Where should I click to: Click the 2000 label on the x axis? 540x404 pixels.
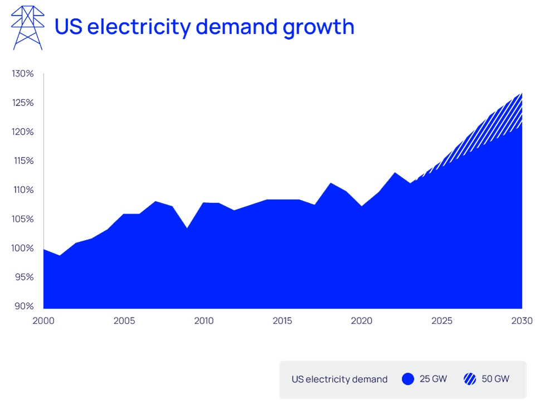coord(43,321)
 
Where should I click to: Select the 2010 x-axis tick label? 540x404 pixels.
coord(204,321)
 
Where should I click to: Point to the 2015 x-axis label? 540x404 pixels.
coord(283,321)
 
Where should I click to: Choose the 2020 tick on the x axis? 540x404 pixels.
coord(362,321)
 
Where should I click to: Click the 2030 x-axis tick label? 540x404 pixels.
coord(522,321)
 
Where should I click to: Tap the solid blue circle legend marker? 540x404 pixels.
coord(408,379)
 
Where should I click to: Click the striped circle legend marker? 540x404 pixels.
coord(470,379)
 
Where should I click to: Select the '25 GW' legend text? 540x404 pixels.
coord(433,379)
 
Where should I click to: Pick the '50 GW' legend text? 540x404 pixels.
coord(495,379)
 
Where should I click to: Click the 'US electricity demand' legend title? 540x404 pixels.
coord(339,379)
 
